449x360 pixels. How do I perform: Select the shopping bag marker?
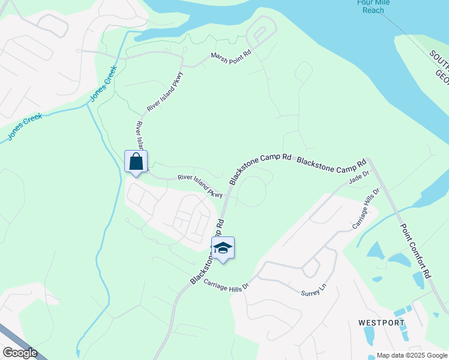pyautogui.click(x=136, y=161)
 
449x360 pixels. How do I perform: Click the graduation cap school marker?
pyautogui.click(x=223, y=248)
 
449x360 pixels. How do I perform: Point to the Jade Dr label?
pyautogui.click(x=357, y=176)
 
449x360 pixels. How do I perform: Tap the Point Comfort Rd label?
pyautogui.click(x=416, y=250)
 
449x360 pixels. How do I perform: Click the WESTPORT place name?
pyautogui.click(x=381, y=323)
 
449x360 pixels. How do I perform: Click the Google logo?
pyautogui.click(x=20, y=353)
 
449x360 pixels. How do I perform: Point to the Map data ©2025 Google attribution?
pyautogui.click(x=411, y=355)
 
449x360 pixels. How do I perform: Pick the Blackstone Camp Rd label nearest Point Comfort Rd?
pyautogui.click(x=331, y=162)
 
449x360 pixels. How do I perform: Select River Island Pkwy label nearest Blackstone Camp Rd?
pyautogui.click(x=200, y=186)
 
